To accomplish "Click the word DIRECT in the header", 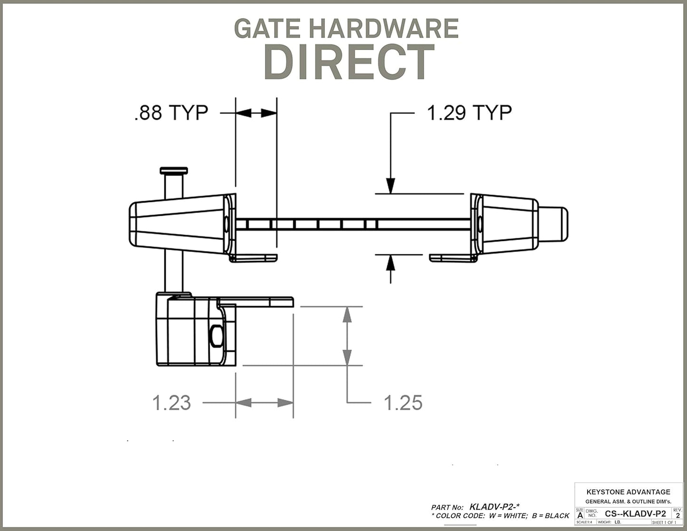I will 349,62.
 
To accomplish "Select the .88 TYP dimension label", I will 171,113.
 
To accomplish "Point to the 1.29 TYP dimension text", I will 469,113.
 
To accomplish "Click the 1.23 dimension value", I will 172,403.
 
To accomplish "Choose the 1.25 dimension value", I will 403,403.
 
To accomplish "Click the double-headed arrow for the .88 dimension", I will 256,113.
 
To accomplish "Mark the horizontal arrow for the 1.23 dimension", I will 264,403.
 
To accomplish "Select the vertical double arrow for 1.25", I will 348,336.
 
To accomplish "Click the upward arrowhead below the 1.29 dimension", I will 390,262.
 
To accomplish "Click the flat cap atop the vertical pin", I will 174,171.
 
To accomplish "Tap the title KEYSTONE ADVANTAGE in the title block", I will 628,492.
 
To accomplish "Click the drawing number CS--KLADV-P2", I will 635,513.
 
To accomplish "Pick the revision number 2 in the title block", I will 677,515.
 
